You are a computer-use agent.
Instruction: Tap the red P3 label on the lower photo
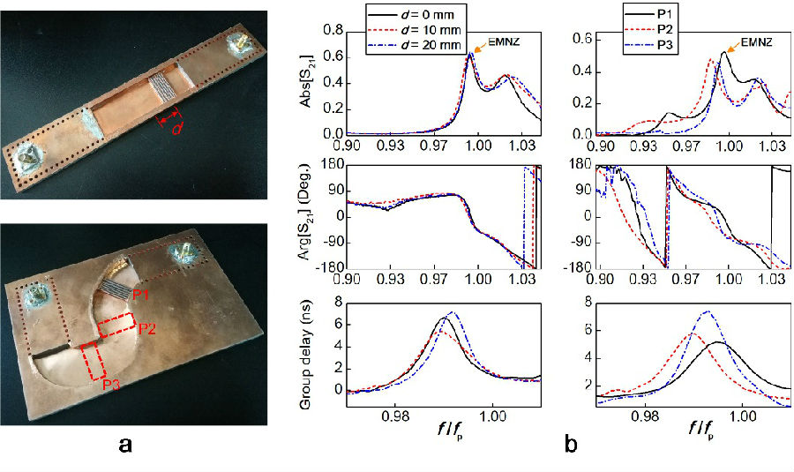pos(110,384)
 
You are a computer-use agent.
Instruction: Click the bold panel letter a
pos(129,446)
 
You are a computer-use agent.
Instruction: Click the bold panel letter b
pos(573,446)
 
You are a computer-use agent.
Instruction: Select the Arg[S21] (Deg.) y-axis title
pos(307,216)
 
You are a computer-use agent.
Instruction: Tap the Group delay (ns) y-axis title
pos(307,348)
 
